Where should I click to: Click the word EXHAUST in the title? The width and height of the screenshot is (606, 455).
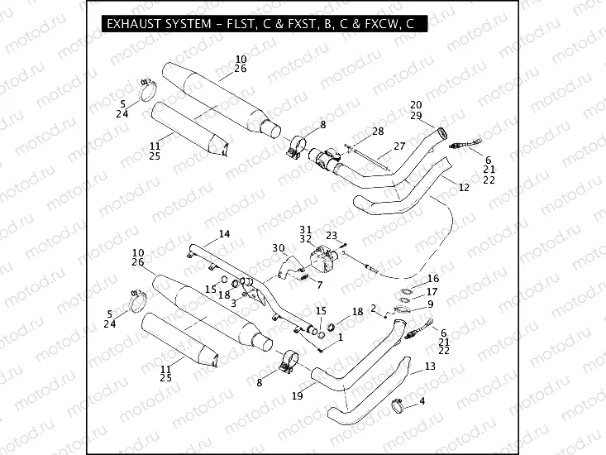click(135, 26)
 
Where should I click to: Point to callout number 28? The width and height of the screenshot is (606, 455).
click(377, 132)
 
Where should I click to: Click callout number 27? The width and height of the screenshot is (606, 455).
click(399, 146)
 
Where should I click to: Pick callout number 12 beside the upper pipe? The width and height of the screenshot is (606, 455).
click(464, 188)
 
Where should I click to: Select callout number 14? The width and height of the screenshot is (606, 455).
click(224, 233)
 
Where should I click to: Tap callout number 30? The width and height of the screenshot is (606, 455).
click(278, 247)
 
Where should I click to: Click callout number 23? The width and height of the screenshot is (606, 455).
click(331, 236)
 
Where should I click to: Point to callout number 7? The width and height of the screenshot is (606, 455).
click(320, 285)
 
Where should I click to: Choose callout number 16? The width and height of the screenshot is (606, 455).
click(433, 279)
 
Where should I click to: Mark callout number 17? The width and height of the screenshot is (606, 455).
click(433, 292)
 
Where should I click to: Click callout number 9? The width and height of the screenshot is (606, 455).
click(430, 304)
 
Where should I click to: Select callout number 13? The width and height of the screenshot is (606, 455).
click(428, 365)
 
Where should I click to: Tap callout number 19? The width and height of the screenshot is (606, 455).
click(296, 396)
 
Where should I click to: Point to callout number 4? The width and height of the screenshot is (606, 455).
click(422, 401)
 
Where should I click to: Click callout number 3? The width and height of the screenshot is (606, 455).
click(234, 303)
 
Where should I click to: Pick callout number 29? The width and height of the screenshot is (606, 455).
click(415, 115)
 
